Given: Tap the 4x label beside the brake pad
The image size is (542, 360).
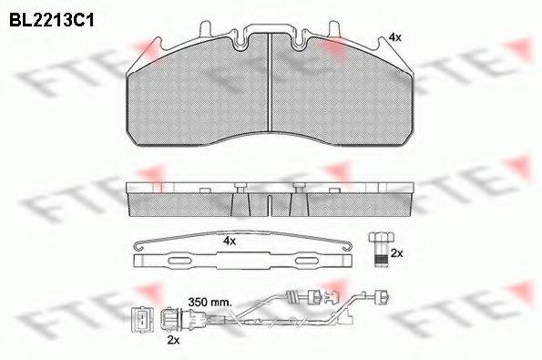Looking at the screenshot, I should (x=394, y=36).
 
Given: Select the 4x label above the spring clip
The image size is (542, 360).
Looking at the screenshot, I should (x=230, y=241).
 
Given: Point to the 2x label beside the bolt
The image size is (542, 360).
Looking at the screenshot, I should (x=396, y=252).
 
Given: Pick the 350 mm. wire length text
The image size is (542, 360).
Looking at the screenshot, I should (x=210, y=299).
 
